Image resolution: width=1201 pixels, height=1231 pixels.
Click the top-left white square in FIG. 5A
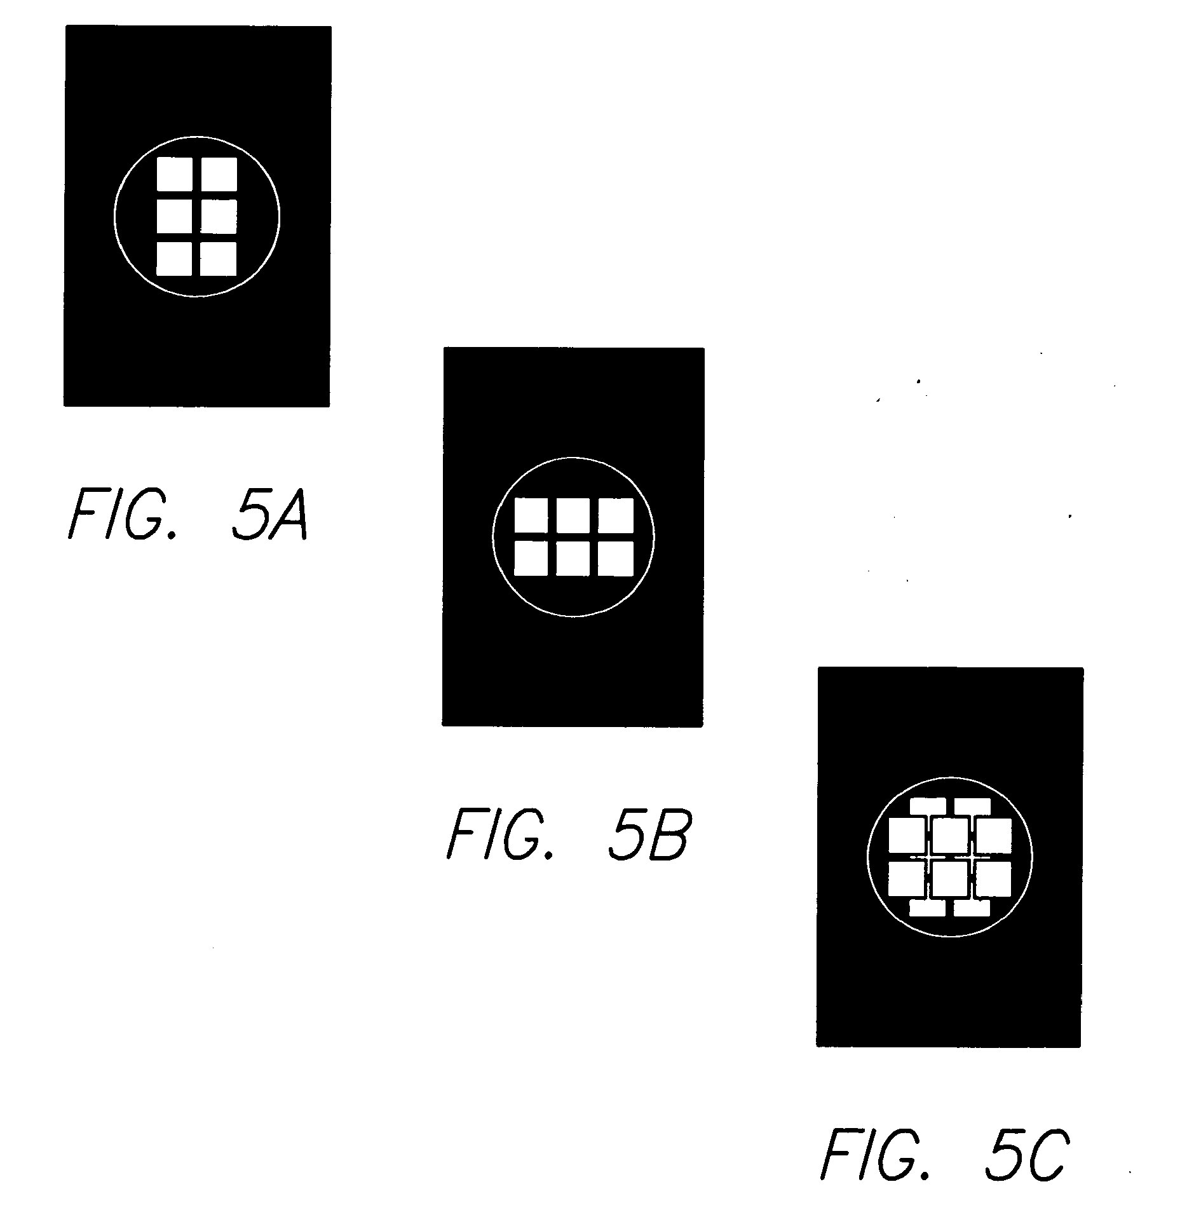click(174, 174)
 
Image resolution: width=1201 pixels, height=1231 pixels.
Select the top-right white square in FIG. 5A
click(219, 174)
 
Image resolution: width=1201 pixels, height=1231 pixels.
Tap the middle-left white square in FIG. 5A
click(174, 217)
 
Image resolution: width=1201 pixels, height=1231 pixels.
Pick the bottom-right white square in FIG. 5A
click(219, 259)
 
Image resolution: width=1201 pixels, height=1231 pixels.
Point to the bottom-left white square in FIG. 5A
click(174, 259)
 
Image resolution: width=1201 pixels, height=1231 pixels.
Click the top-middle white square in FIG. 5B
click(573, 515)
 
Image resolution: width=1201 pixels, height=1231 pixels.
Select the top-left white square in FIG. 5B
click(531, 515)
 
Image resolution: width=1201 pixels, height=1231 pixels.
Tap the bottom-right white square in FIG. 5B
click(616, 559)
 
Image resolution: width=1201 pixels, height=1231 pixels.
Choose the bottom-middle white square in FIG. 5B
click(573, 559)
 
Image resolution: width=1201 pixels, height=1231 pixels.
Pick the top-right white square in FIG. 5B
click(616, 515)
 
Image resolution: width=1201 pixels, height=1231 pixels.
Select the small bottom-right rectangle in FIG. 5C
click(972, 908)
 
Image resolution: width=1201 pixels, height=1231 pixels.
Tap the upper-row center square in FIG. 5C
click(950, 835)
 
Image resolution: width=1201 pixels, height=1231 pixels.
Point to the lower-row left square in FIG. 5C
click(906, 878)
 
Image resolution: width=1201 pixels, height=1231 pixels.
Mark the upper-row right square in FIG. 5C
click(993, 835)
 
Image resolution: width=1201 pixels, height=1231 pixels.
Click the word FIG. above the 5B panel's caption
click(499, 834)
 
